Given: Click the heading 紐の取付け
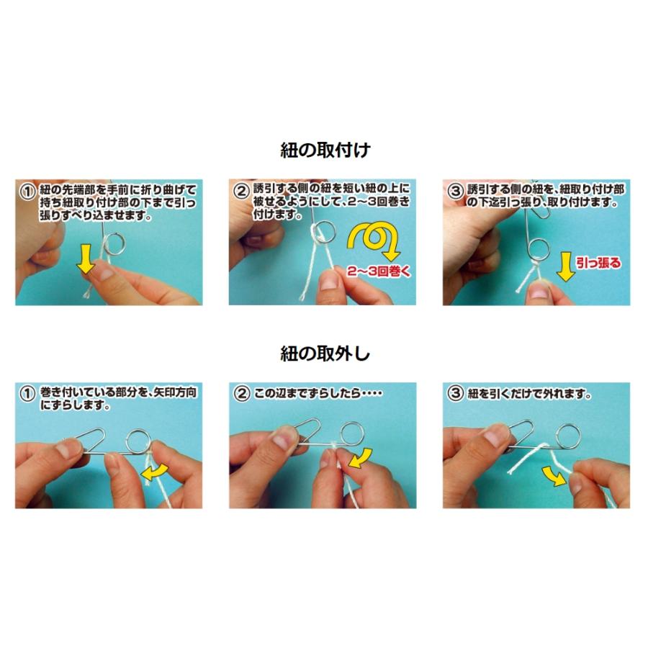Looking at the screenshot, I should pyautogui.click(x=325, y=150).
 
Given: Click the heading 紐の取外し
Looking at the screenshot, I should pyautogui.click(x=325, y=353).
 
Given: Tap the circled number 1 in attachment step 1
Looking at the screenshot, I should pyautogui.click(x=27, y=192).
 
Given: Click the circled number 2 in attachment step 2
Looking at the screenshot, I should pyautogui.click(x=241, y=192).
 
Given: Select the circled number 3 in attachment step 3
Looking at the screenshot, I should pyautogui.click(x=454, y=192).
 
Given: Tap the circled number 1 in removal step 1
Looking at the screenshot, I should pyautogui.click(x=27, y=395).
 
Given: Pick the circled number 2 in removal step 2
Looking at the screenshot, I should pyautogui.click(x=241, y=395).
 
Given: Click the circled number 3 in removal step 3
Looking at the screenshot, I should pyautogui.click(x=454, y=395).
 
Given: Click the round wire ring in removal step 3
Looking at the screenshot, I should pyautogui.click(x=568, y=435).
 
